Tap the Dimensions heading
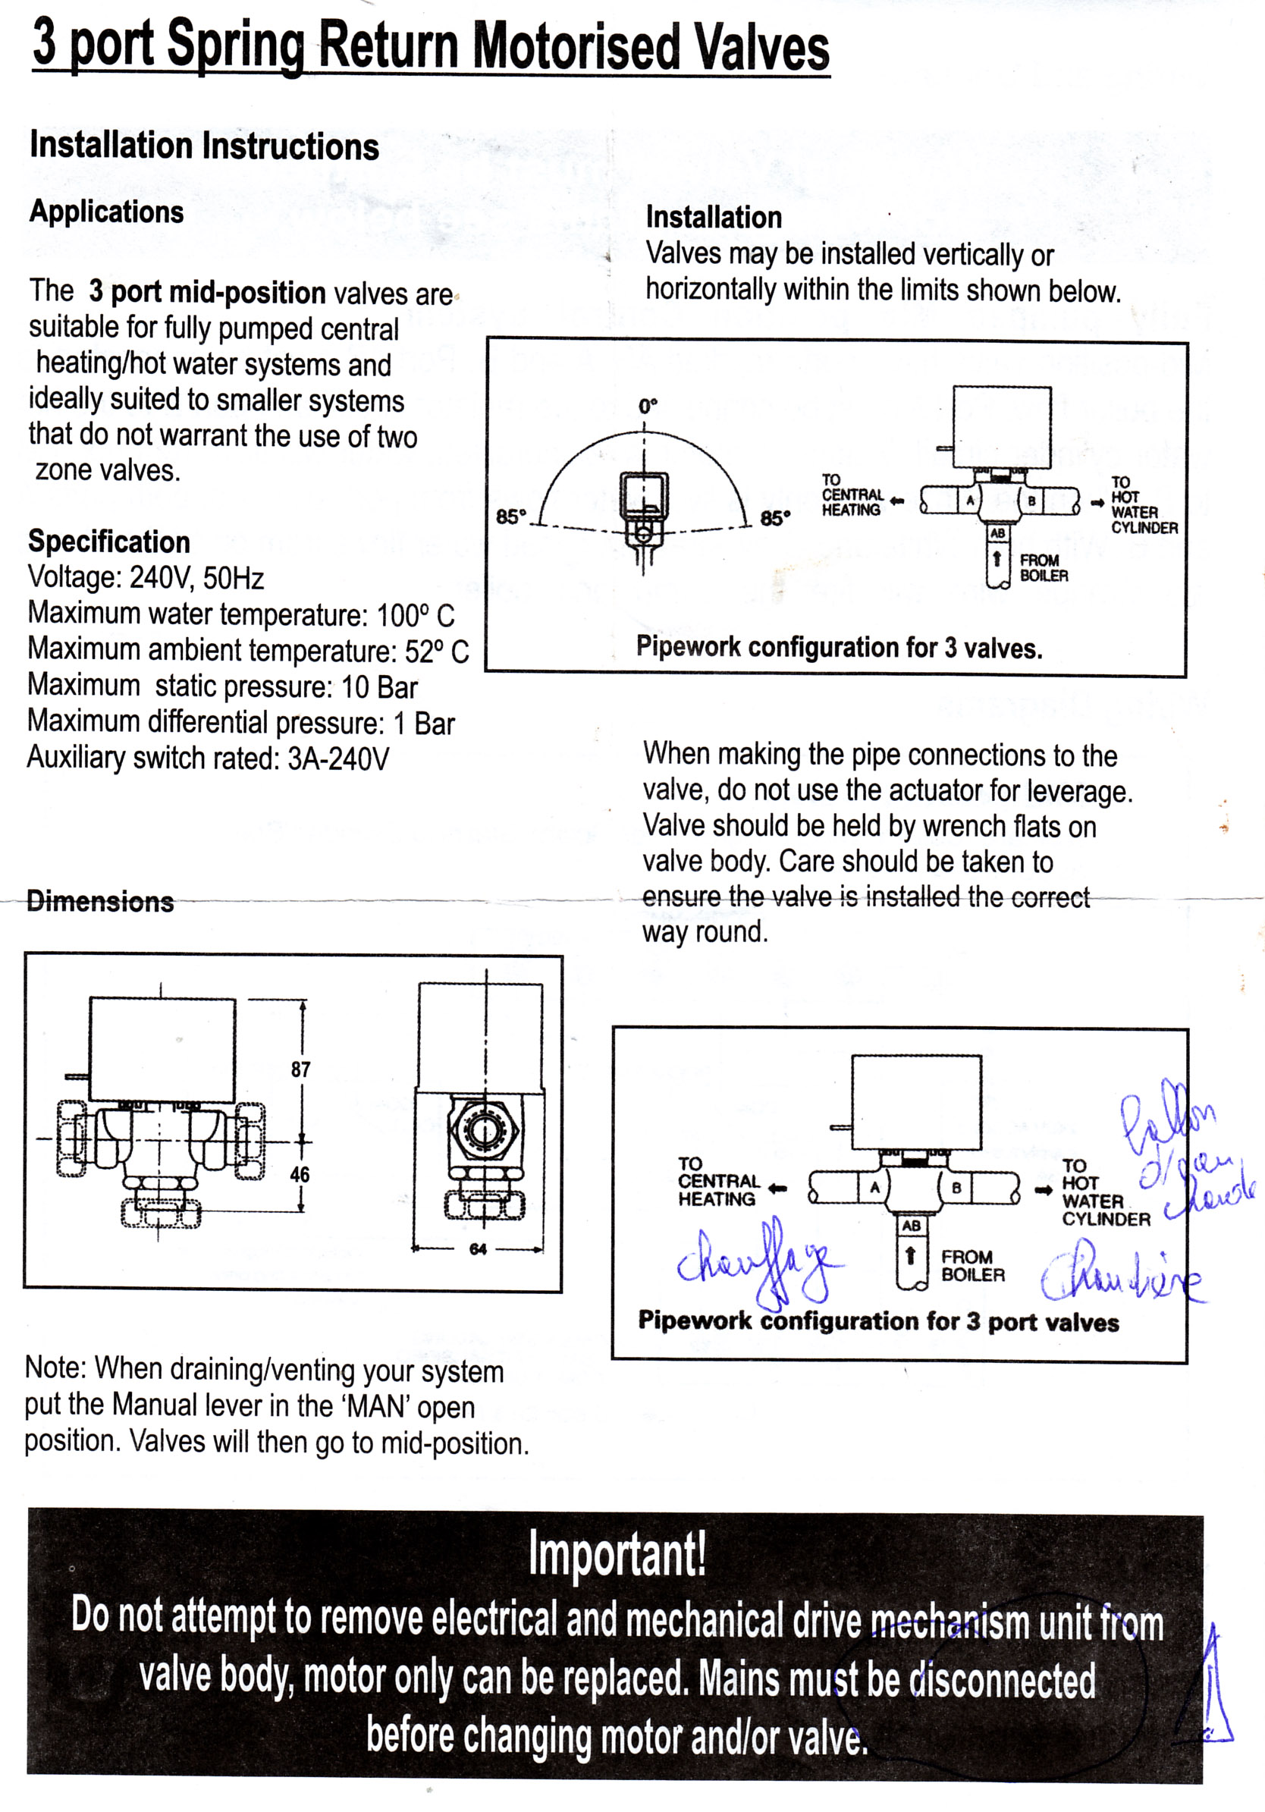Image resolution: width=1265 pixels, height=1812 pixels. pyautogui.click(x=100, y=901)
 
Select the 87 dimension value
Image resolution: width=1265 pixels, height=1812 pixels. pyautogui.click(x=300, y=1069)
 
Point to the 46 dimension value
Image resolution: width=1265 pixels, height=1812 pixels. pyautogui.click(x=300, y=1174)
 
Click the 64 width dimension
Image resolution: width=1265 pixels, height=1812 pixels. pyautogui.click(x=479, y=1248)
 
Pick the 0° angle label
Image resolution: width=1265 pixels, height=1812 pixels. pyautogui.click(x=648, y=407)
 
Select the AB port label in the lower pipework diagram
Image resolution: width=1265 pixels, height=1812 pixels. pyautogui.click(x=912, y=1226)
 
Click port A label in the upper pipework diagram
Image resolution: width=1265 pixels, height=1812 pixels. pyautogui.click(x=971, y=501)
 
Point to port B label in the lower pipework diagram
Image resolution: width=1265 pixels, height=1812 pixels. pyautogui.click(x=956, y=1187)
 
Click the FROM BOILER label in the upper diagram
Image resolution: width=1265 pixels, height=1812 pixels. pyautogui.click(x=1044, y=568)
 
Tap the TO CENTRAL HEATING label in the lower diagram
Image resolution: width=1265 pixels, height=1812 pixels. pyautogui.click(x=718, y=1182)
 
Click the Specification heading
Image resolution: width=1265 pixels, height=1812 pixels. pyautogui.click(x=109, y=542)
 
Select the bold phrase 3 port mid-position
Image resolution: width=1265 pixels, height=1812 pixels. pyautogui.click(x=207, y=292)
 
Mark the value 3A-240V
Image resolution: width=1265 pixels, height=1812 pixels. pyautogui.click(x=337, y=758)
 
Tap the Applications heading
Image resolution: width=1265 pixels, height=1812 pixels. pyautogui.click(x=106, y=212)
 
